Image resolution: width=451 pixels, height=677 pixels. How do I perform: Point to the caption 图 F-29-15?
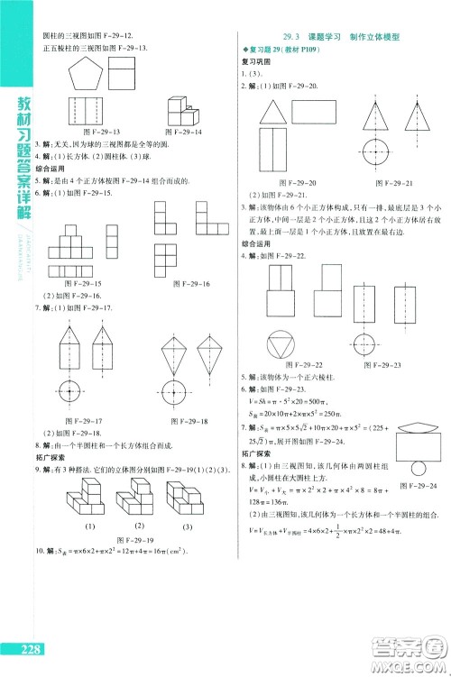click(x=87, y=284)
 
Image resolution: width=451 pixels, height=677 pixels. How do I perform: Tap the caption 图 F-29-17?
click(x=87, y=421)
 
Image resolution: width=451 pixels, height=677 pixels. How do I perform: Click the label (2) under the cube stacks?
click(x=141, y=526)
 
